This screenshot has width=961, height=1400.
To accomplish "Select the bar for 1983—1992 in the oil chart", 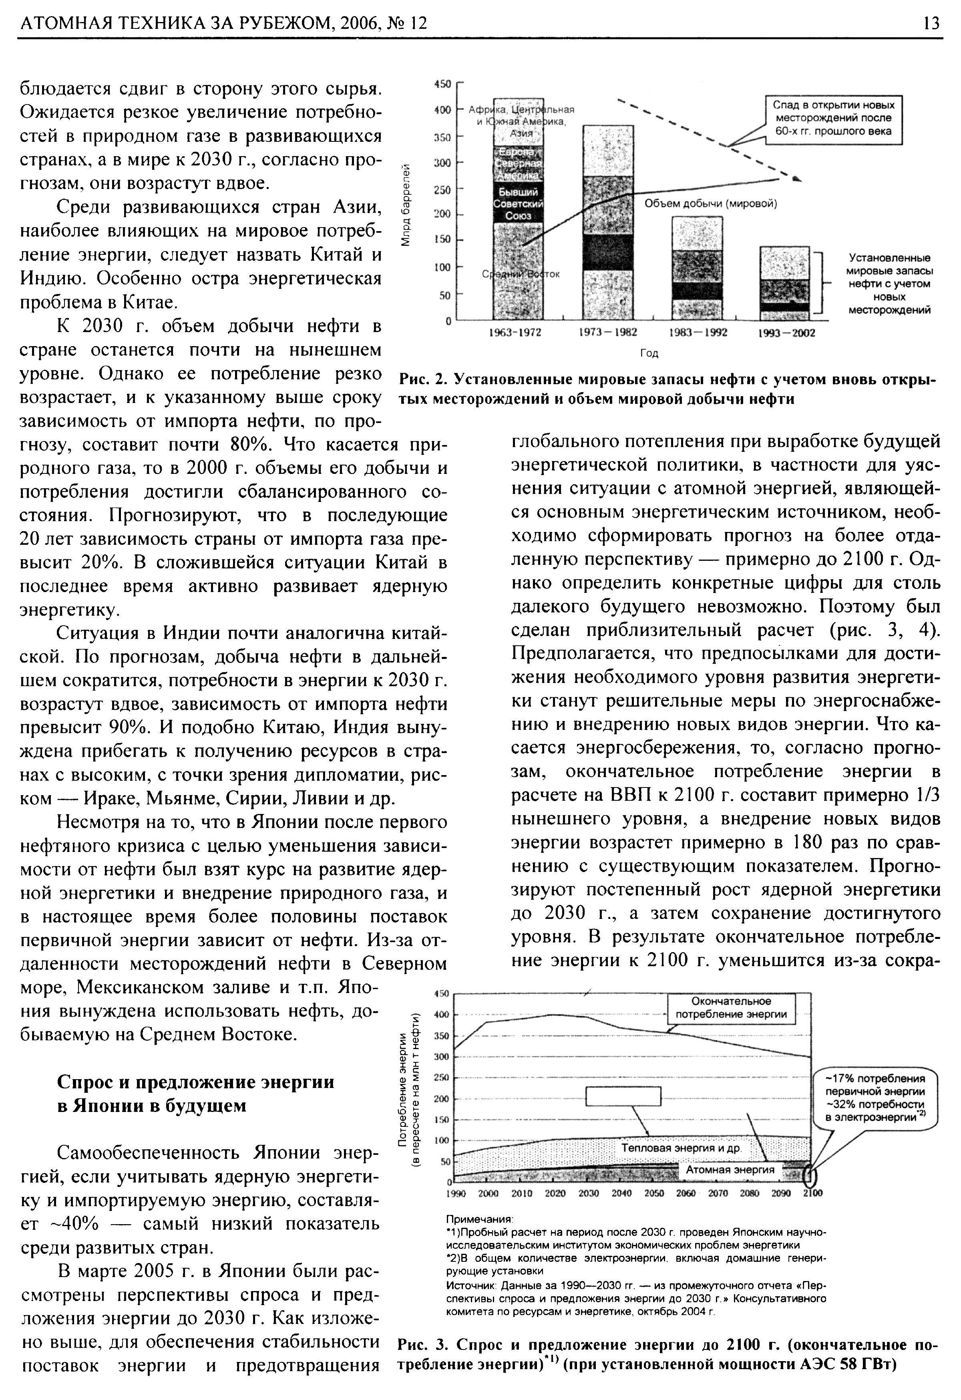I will coord(697,268).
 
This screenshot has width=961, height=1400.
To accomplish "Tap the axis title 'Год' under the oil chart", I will coord(649,353).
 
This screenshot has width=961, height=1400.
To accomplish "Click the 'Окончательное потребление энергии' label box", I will coord(731,1008).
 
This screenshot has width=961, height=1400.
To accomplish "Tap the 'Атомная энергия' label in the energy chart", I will coord(730,1169).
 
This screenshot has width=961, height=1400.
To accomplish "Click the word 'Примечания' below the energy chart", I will coord(478,1218).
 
